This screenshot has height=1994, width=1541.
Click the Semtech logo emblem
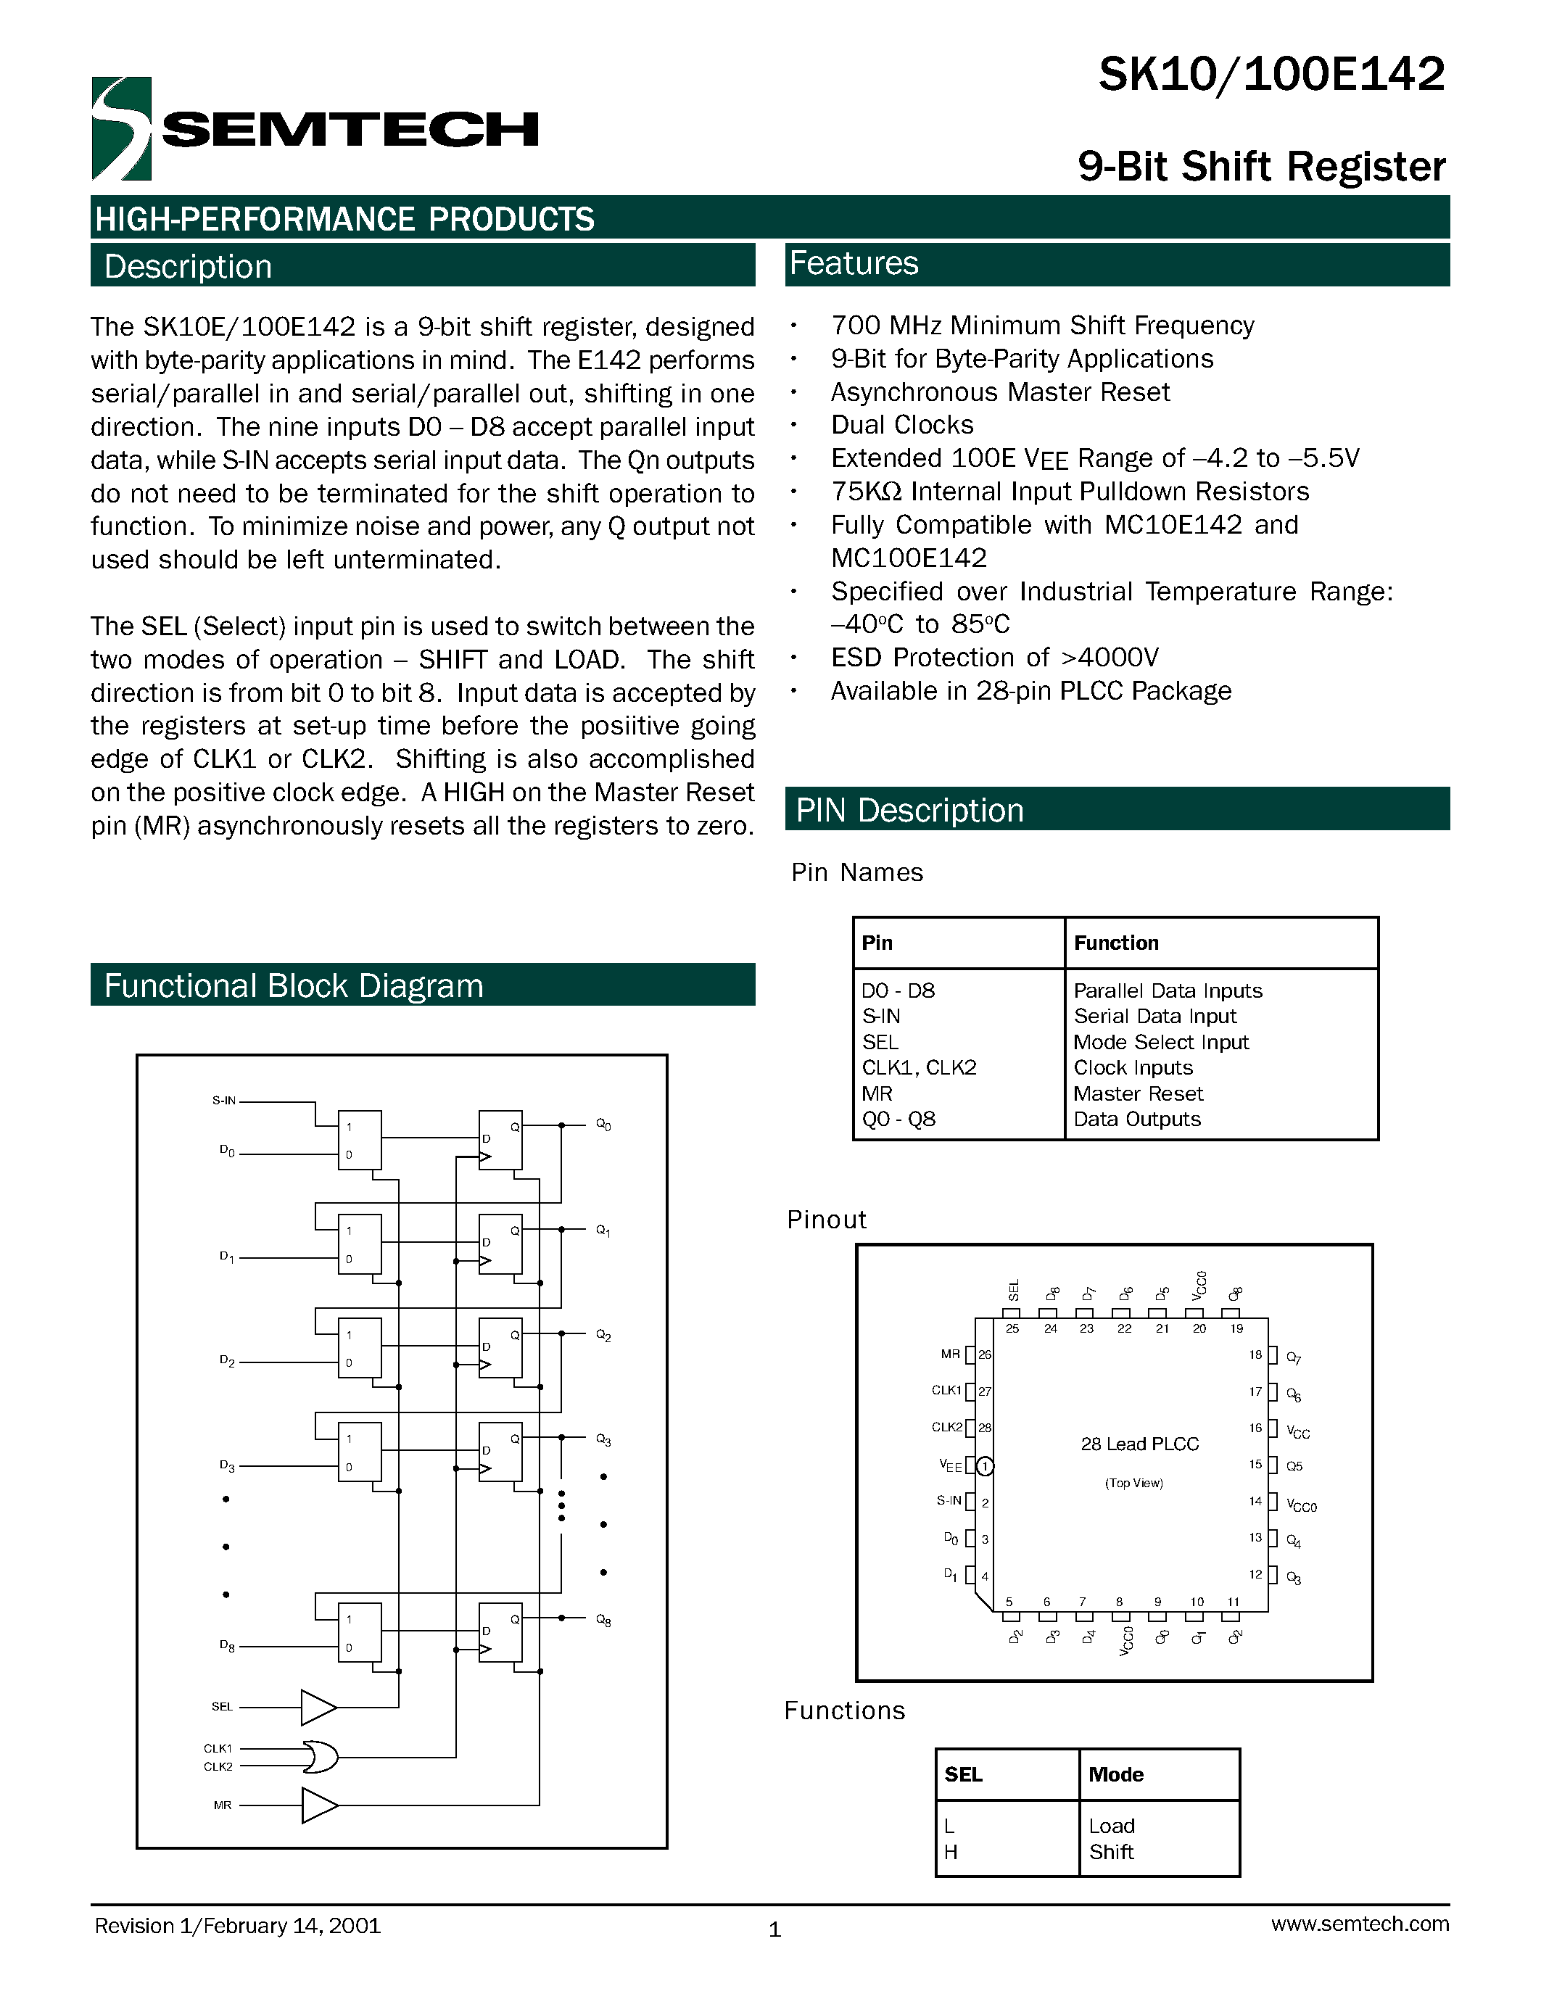click(121, 129)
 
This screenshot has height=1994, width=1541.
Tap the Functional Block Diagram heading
click(293, 986)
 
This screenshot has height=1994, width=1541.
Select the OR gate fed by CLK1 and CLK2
click(321, 1757)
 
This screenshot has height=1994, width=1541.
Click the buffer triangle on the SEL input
click(318, 1706)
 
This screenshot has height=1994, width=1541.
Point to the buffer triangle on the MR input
click(318, 1805)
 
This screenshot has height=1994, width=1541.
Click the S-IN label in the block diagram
click(223, 1100)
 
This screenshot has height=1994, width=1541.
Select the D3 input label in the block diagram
click(226, 1465)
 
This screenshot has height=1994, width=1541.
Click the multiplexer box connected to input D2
click(360, 1349)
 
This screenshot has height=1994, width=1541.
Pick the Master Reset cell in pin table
click(1138, 1093)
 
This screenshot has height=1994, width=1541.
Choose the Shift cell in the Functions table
click(1111, 1852)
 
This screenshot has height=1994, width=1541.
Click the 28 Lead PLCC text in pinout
click(1139, 1444)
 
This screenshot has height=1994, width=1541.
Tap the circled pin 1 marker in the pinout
click(985, 1466)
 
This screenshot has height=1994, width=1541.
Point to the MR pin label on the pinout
click(951, 1354)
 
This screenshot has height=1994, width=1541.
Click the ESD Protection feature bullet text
click(994, 658)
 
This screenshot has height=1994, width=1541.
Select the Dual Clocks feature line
click(902, 425)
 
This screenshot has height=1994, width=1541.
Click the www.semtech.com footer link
click(1359, 1924)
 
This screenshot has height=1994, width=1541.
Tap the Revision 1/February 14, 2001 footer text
click(237, 1926)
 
